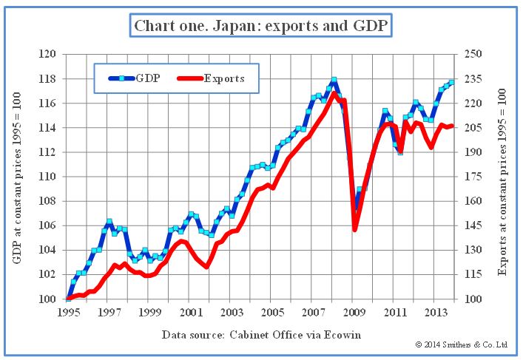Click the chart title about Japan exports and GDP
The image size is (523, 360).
pos(261,27)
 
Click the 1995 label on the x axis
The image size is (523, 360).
pos(67,313)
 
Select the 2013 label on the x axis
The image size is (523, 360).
pos(436,313)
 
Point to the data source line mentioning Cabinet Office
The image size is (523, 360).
pos(261,335)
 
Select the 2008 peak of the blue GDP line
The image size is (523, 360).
pos(334,79)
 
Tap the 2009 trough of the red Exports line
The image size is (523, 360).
pos(354,229)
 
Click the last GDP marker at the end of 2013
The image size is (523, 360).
pos(451,82)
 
